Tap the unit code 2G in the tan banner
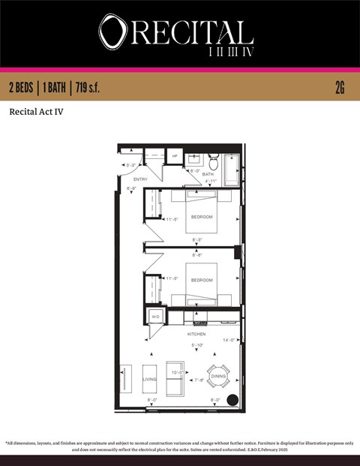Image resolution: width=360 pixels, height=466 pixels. pos(340,88)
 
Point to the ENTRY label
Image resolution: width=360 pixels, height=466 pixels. pos(140,179)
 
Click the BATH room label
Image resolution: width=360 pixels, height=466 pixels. pos(197,174)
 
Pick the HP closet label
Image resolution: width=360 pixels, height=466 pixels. pos(175,156)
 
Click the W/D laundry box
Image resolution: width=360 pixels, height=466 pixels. pos(156,317)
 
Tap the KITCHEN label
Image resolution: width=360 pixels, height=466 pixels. pos(196,333)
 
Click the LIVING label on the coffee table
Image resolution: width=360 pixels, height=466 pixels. pos(149,380)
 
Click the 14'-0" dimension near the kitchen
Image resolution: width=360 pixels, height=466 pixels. pos(229,340)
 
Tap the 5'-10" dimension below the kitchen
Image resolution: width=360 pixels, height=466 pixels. pos(198,345)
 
